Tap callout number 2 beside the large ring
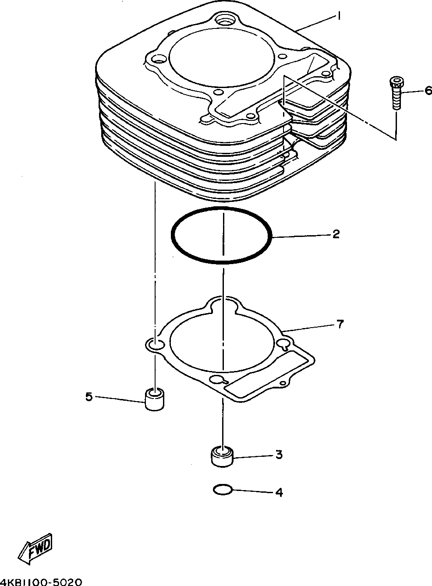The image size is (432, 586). pyautogui.click(x=335, y=234)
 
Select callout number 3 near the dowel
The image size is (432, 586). pyautogui.click(x=279, y=455)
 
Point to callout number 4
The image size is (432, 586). pyautogui.click(x=279, y=492)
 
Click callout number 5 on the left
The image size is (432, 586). pyautogui.click(x=89, y=397)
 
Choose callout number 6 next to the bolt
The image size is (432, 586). pyautogui.click(x=428, y=91)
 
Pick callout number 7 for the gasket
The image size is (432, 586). pyautogui.click(x=340, y=325)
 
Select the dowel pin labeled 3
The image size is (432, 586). pyautogui.click(x=222, y=456)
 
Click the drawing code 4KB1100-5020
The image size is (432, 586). pyautogui.click(x=42, y=582)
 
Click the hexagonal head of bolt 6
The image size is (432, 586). pyautogui.click(x=395, y=82)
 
